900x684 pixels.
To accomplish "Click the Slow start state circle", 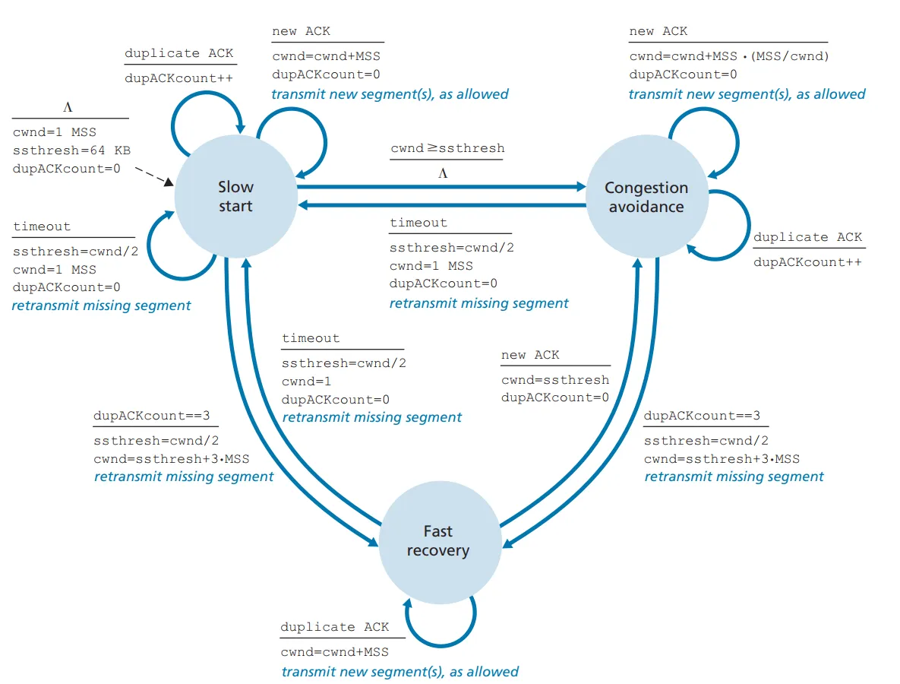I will pyautogui.click(x=235, y=196).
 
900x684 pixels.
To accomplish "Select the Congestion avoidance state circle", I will pyautogui.click(x=646, y=197).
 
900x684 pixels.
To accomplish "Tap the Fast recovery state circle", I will pyautogui.click(x=438, y=540).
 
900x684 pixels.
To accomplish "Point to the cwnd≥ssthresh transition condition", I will pyautogui.click(x=447, y=148).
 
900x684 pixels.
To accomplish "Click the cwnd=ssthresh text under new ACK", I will pyautogui.click(x=554, y=379).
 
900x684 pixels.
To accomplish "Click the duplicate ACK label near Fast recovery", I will pyautogui.click(x=334, y=627).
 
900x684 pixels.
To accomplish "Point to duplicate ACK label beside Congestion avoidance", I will pyautogui.click(x=807, y=237).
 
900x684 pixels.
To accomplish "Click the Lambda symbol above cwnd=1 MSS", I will pyautogui.click(x=68, y=107).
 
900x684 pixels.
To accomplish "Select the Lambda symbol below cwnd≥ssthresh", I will pyautogui.click(x=443, y=173).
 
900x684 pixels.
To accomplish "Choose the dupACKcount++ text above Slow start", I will pyautogui.click(x=178, y=78).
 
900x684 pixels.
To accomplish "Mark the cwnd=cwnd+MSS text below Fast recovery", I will pyautogui.click(x=334, y=652).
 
